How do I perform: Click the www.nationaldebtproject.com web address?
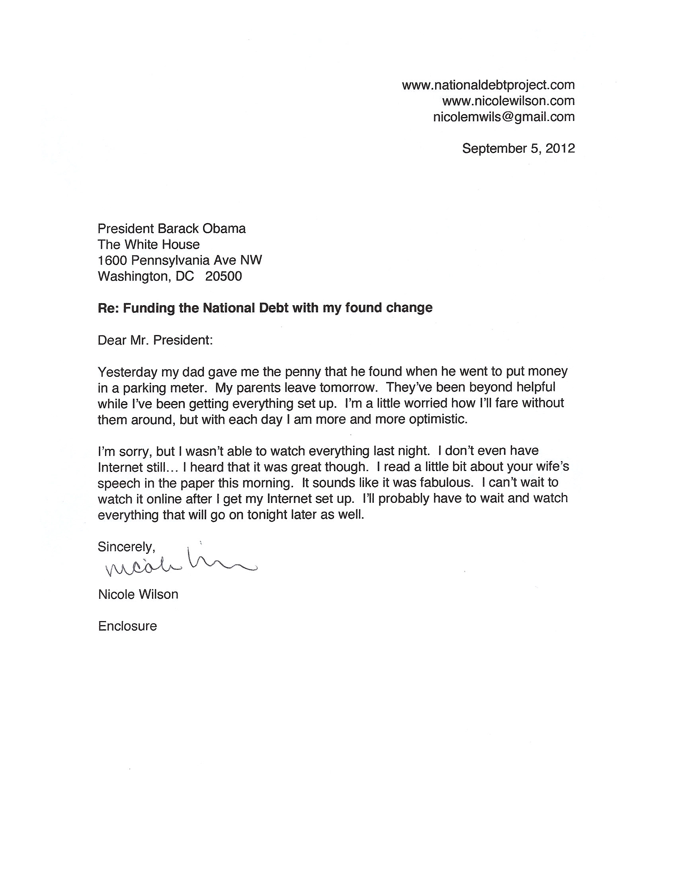coord(488,85)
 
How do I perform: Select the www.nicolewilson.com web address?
coord(508,101)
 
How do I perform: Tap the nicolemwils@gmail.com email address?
coord(504,117)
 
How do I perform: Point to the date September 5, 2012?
coord(518,149)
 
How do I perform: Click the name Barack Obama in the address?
coord(202,229)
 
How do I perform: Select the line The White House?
coord(148,245)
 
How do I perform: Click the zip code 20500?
coord(223,277)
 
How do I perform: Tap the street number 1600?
coord(112,261)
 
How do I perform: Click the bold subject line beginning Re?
coord(265,308)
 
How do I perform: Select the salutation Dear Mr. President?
coord(155,341)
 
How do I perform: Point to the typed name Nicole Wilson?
coord(138,594)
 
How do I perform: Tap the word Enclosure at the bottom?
coord(127,626)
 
